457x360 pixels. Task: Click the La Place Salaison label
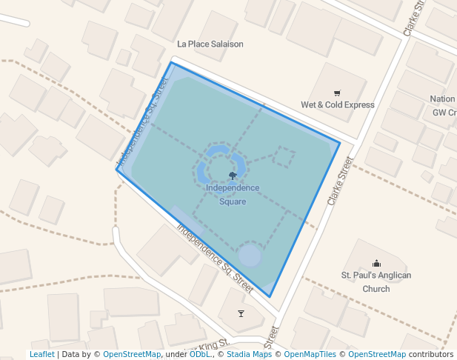coord(210,44)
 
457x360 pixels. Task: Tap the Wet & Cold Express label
coord(337,104)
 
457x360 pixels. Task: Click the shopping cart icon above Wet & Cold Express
coord(338,93)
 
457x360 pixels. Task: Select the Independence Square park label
coord(233,194)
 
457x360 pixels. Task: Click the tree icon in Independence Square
coord(233,176)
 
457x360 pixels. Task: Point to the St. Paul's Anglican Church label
coord(376,281)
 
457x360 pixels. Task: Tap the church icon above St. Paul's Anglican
coord(376,263)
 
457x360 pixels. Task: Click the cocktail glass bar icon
coord(240,313)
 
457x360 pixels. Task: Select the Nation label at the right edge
coord(443,99)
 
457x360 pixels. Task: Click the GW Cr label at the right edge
coord(444,113)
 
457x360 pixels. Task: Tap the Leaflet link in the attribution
coord(41,354)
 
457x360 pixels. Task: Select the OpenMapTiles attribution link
coord(310,354)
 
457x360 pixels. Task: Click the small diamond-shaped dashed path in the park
coord(284,156)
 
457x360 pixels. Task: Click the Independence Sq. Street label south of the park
coord(215,256)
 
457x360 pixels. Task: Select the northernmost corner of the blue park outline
coord(173,62)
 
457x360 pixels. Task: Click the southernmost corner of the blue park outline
coord(270,297)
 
